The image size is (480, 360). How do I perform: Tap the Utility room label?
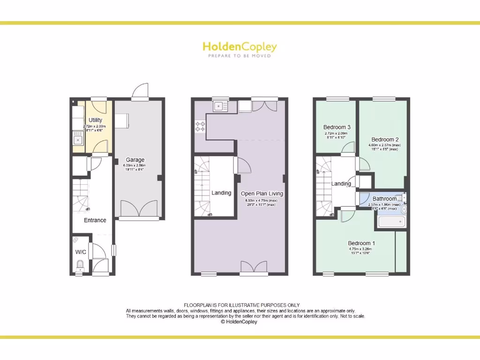point(95,120)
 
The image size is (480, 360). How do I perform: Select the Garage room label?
point(135,160)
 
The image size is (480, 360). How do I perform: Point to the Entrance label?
point(95,220)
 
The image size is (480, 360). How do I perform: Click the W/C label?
point(81,252)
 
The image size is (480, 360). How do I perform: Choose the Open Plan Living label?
point(262,194)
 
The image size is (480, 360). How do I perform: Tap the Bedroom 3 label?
point(337,127)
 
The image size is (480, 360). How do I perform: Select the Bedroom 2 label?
point(385,139)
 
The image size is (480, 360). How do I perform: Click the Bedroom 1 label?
point(361,243)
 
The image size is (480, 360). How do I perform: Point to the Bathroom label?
point(384,199)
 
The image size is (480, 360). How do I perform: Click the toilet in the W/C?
point(80,267)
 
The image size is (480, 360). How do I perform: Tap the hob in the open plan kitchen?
point(200,126)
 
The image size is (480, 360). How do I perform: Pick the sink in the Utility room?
point(77,139)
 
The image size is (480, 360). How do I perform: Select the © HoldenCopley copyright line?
point(239,322)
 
